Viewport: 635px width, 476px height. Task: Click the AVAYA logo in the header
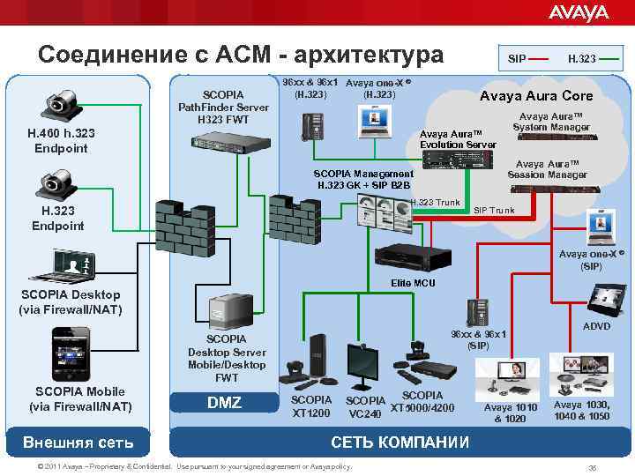578,12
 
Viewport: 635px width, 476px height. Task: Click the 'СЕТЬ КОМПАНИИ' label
400,442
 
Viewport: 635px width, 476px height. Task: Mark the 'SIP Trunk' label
495,211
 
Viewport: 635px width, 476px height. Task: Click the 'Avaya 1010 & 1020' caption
510,412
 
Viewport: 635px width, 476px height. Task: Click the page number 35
592,467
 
